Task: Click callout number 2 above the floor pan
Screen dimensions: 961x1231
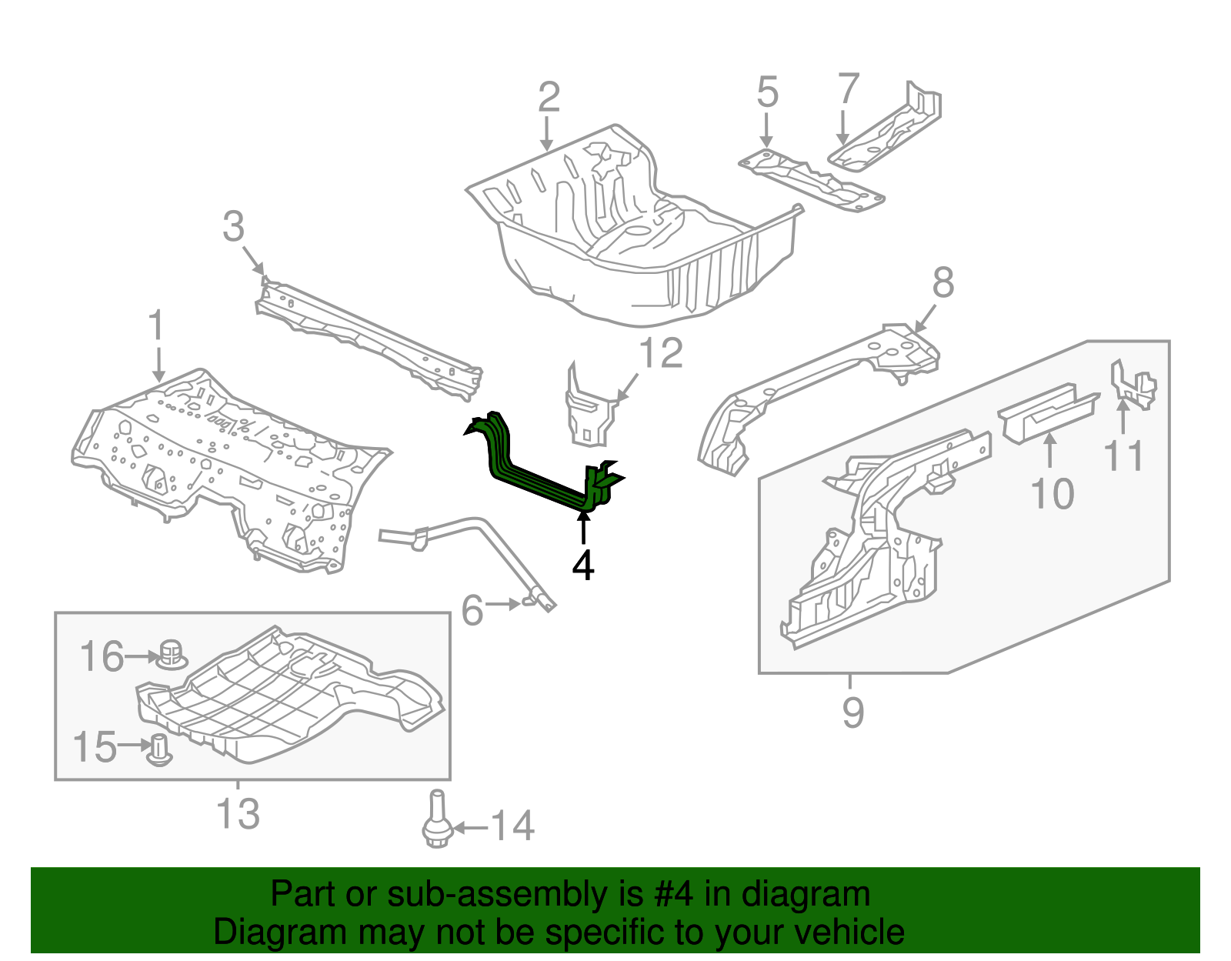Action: tap(548, 98)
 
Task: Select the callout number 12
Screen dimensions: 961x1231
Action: tap(661, 354)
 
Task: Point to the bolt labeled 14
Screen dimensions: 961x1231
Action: tap(436, 822)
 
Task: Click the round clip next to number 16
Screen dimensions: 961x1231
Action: tap(172, 654)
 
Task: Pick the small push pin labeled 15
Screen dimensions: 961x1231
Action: tap(159, 749)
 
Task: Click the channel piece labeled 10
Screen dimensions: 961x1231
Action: tap(1048, 412)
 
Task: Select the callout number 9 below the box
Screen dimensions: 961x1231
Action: tap(852, 712)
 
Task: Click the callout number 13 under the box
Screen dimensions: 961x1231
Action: tap(238, 813)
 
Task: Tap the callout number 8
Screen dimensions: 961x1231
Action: tap(943, 282)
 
